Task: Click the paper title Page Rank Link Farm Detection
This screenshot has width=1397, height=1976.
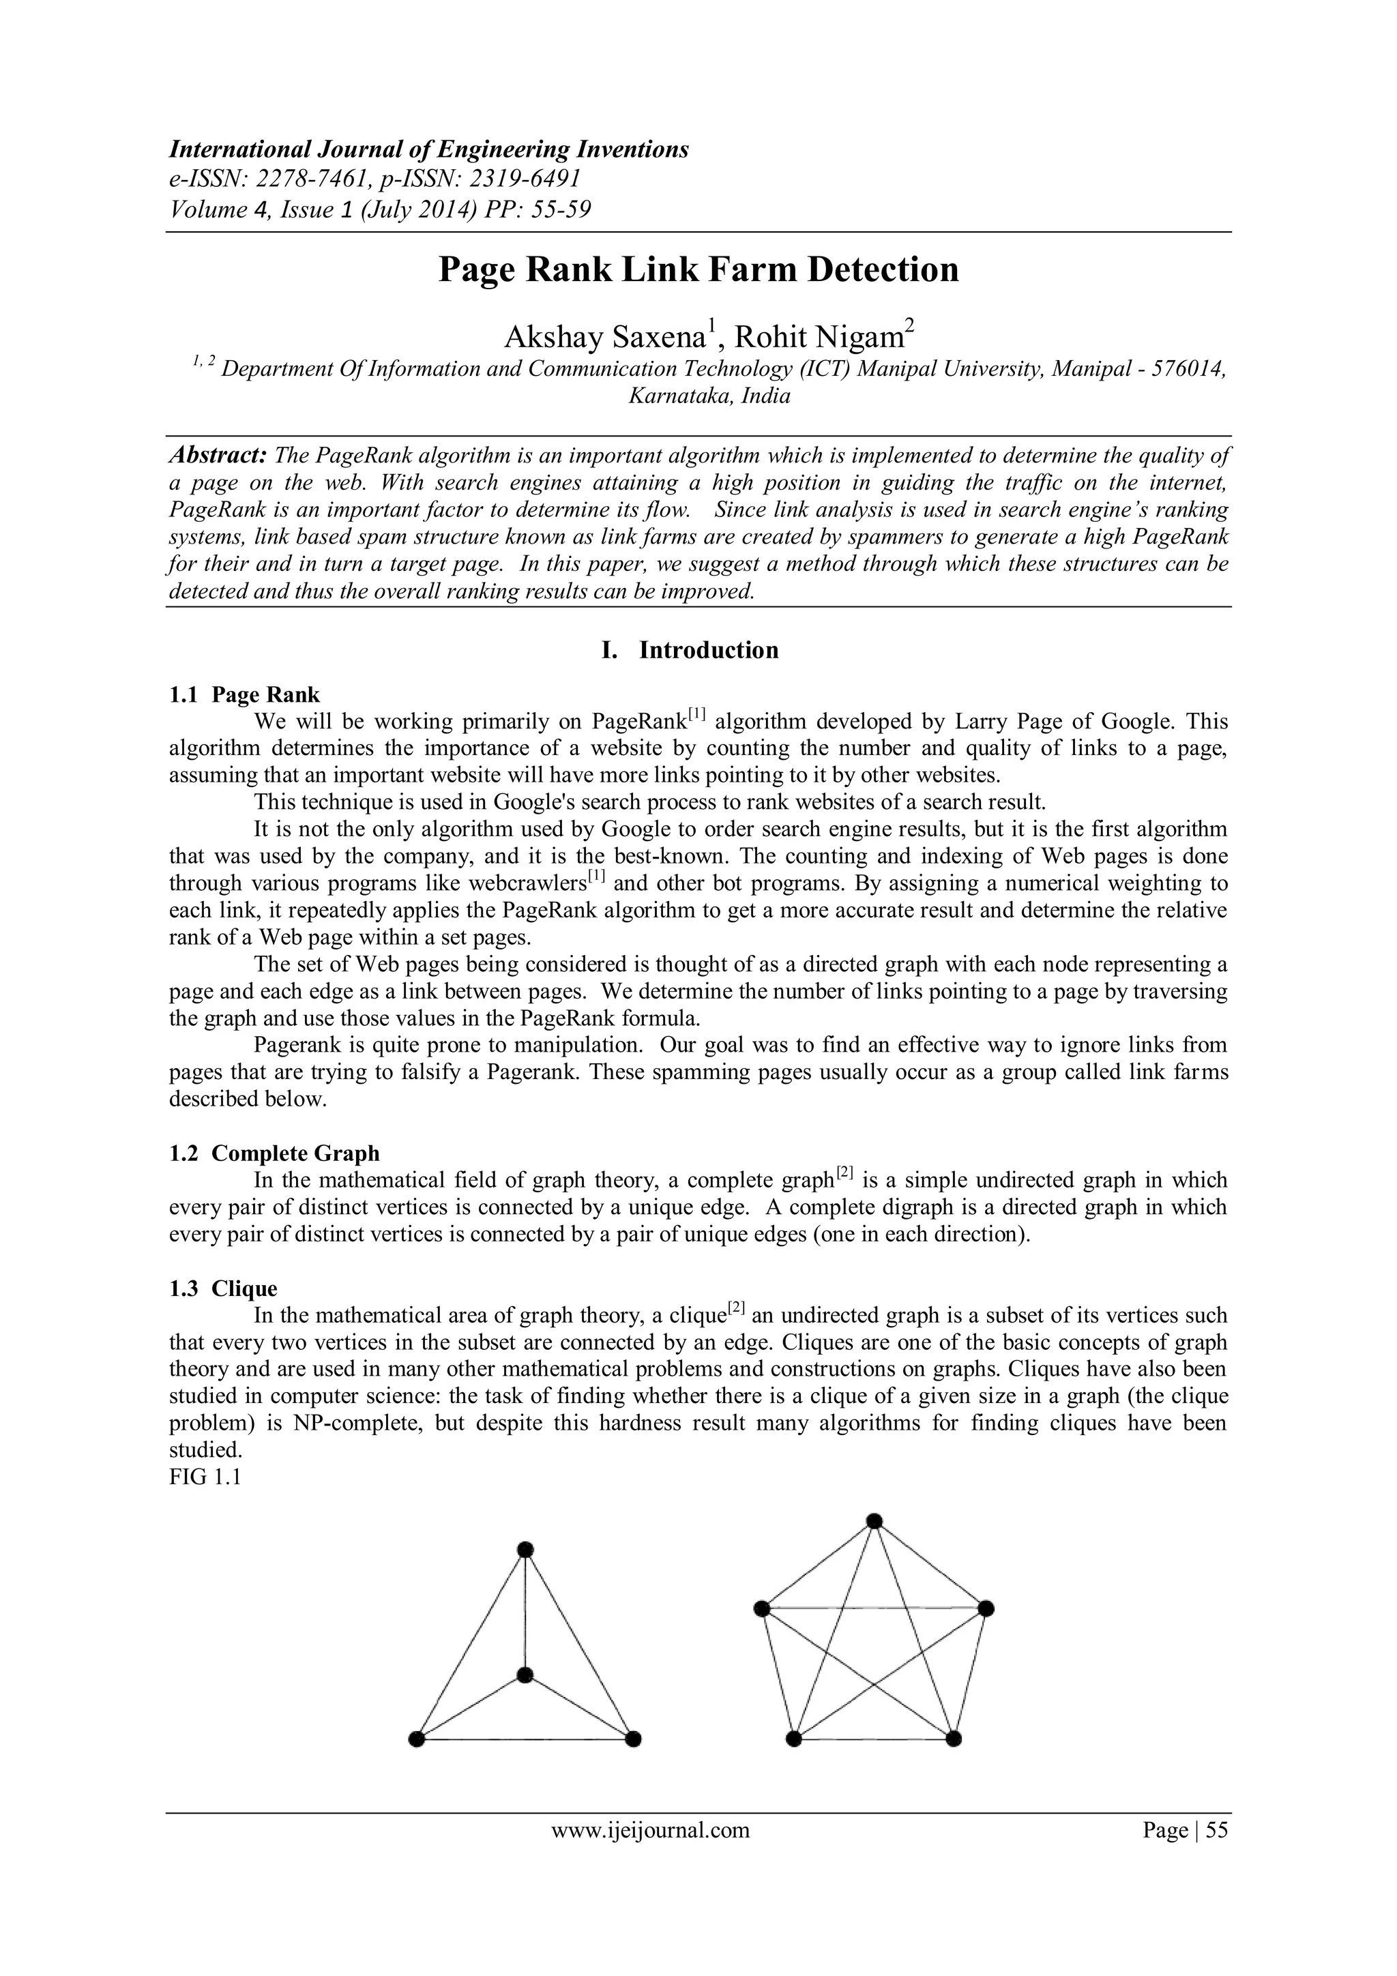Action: [698, 269]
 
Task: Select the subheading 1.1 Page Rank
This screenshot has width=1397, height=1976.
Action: [244, 694]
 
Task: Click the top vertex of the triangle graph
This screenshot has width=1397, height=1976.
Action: [526, 1550]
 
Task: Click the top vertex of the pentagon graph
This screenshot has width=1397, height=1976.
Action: [874, 1521]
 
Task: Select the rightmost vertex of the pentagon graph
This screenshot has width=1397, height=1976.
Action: [986, 1608]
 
